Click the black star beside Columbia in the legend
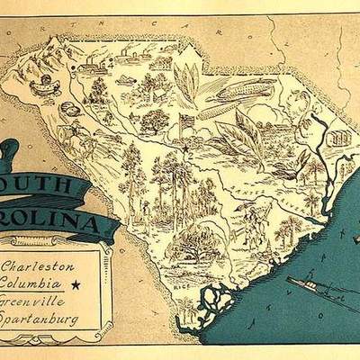pos(76,283)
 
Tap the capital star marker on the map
pos(184,148)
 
